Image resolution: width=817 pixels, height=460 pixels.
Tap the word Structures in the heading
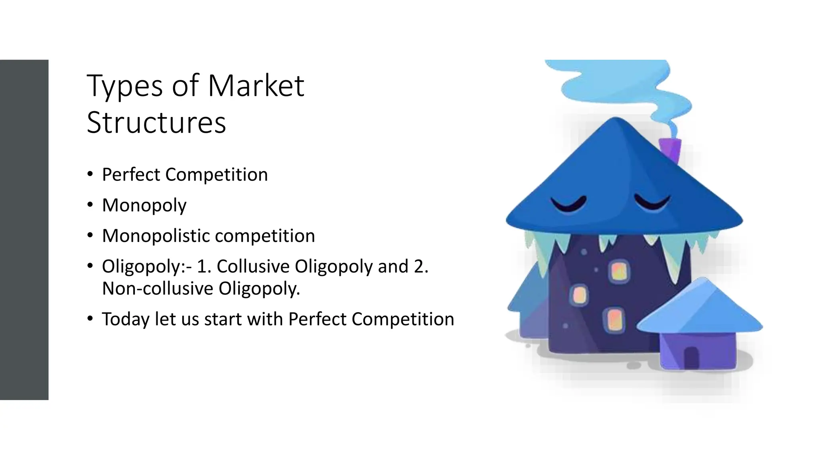coord(156,123)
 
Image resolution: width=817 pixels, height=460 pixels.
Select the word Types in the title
coord(124,86)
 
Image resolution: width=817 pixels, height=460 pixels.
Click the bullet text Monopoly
coord(144,206)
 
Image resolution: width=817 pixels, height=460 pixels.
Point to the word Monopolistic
coord(155,236)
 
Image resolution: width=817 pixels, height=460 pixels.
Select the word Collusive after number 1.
coord(253,266)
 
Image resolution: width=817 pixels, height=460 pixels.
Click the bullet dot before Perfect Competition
coord(90,174)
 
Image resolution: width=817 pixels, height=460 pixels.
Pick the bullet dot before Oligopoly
coord(90,266)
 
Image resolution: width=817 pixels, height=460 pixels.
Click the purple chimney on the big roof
coord(671,150)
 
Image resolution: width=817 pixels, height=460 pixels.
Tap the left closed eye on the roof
coord(568,204)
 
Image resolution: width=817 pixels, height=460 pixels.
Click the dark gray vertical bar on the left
coord(24,230)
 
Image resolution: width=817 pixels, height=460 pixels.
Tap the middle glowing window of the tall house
coord(578,295)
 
